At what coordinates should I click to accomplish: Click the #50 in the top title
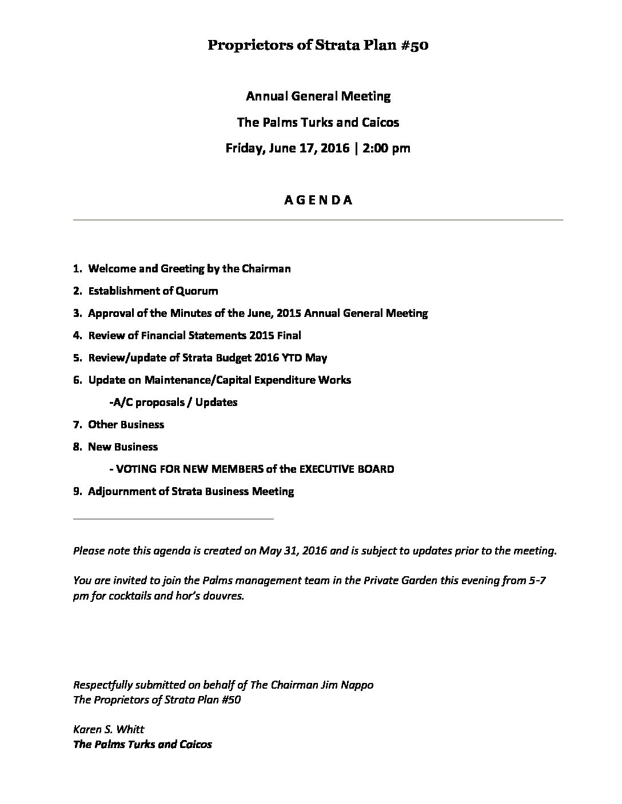[x=416, y=46]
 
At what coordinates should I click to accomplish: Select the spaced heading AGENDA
[x=318, y=200]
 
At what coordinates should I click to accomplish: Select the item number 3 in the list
[x=77, y=313]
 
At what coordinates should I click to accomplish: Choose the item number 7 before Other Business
[x=77, y=425]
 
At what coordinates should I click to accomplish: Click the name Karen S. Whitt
[x=109, y=729]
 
